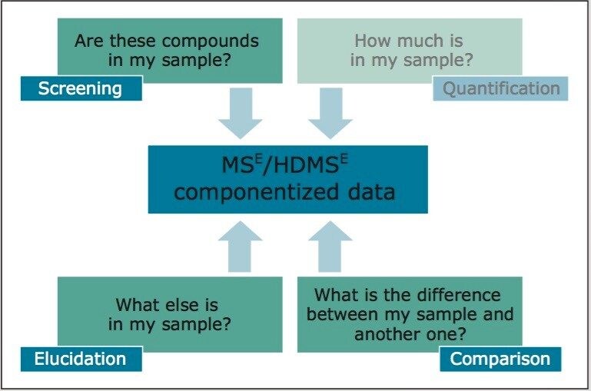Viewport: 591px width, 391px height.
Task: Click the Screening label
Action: [x=81, y=88]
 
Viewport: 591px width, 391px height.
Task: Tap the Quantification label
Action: [x=500, y=88]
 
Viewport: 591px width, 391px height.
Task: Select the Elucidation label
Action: [x=80, y=359]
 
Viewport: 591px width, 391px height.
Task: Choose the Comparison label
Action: [x=500, y=359]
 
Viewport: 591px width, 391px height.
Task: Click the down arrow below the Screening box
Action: [x=240, y=116]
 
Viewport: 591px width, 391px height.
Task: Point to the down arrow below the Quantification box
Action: [x=330, y=116]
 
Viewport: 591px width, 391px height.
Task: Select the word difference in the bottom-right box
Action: [x=455, y=295]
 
